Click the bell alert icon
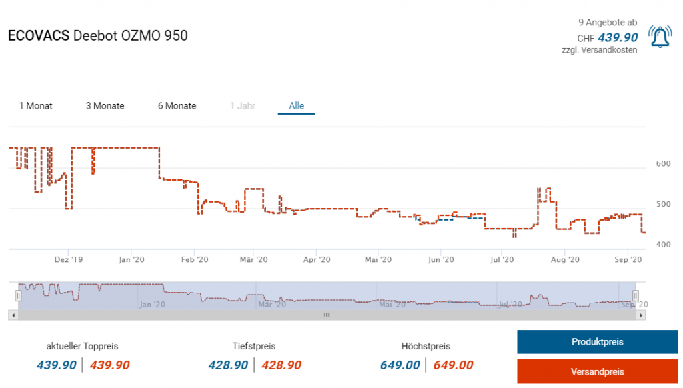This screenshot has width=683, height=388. click(660, 37)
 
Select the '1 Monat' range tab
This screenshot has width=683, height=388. click(36, 105)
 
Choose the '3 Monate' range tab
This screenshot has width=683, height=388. click(105, 105)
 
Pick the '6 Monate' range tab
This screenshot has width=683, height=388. click(177, 105)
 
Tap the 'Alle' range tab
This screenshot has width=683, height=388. click(296, 105)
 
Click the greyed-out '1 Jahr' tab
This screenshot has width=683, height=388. click(242, 105)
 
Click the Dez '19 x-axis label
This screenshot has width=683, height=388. click(69, 259)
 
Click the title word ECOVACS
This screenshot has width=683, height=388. click(38, 36)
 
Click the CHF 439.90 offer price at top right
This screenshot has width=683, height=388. click(618, 38)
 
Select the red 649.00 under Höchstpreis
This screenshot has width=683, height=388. click(453, 365)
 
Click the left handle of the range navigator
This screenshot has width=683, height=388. click(19, 295)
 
